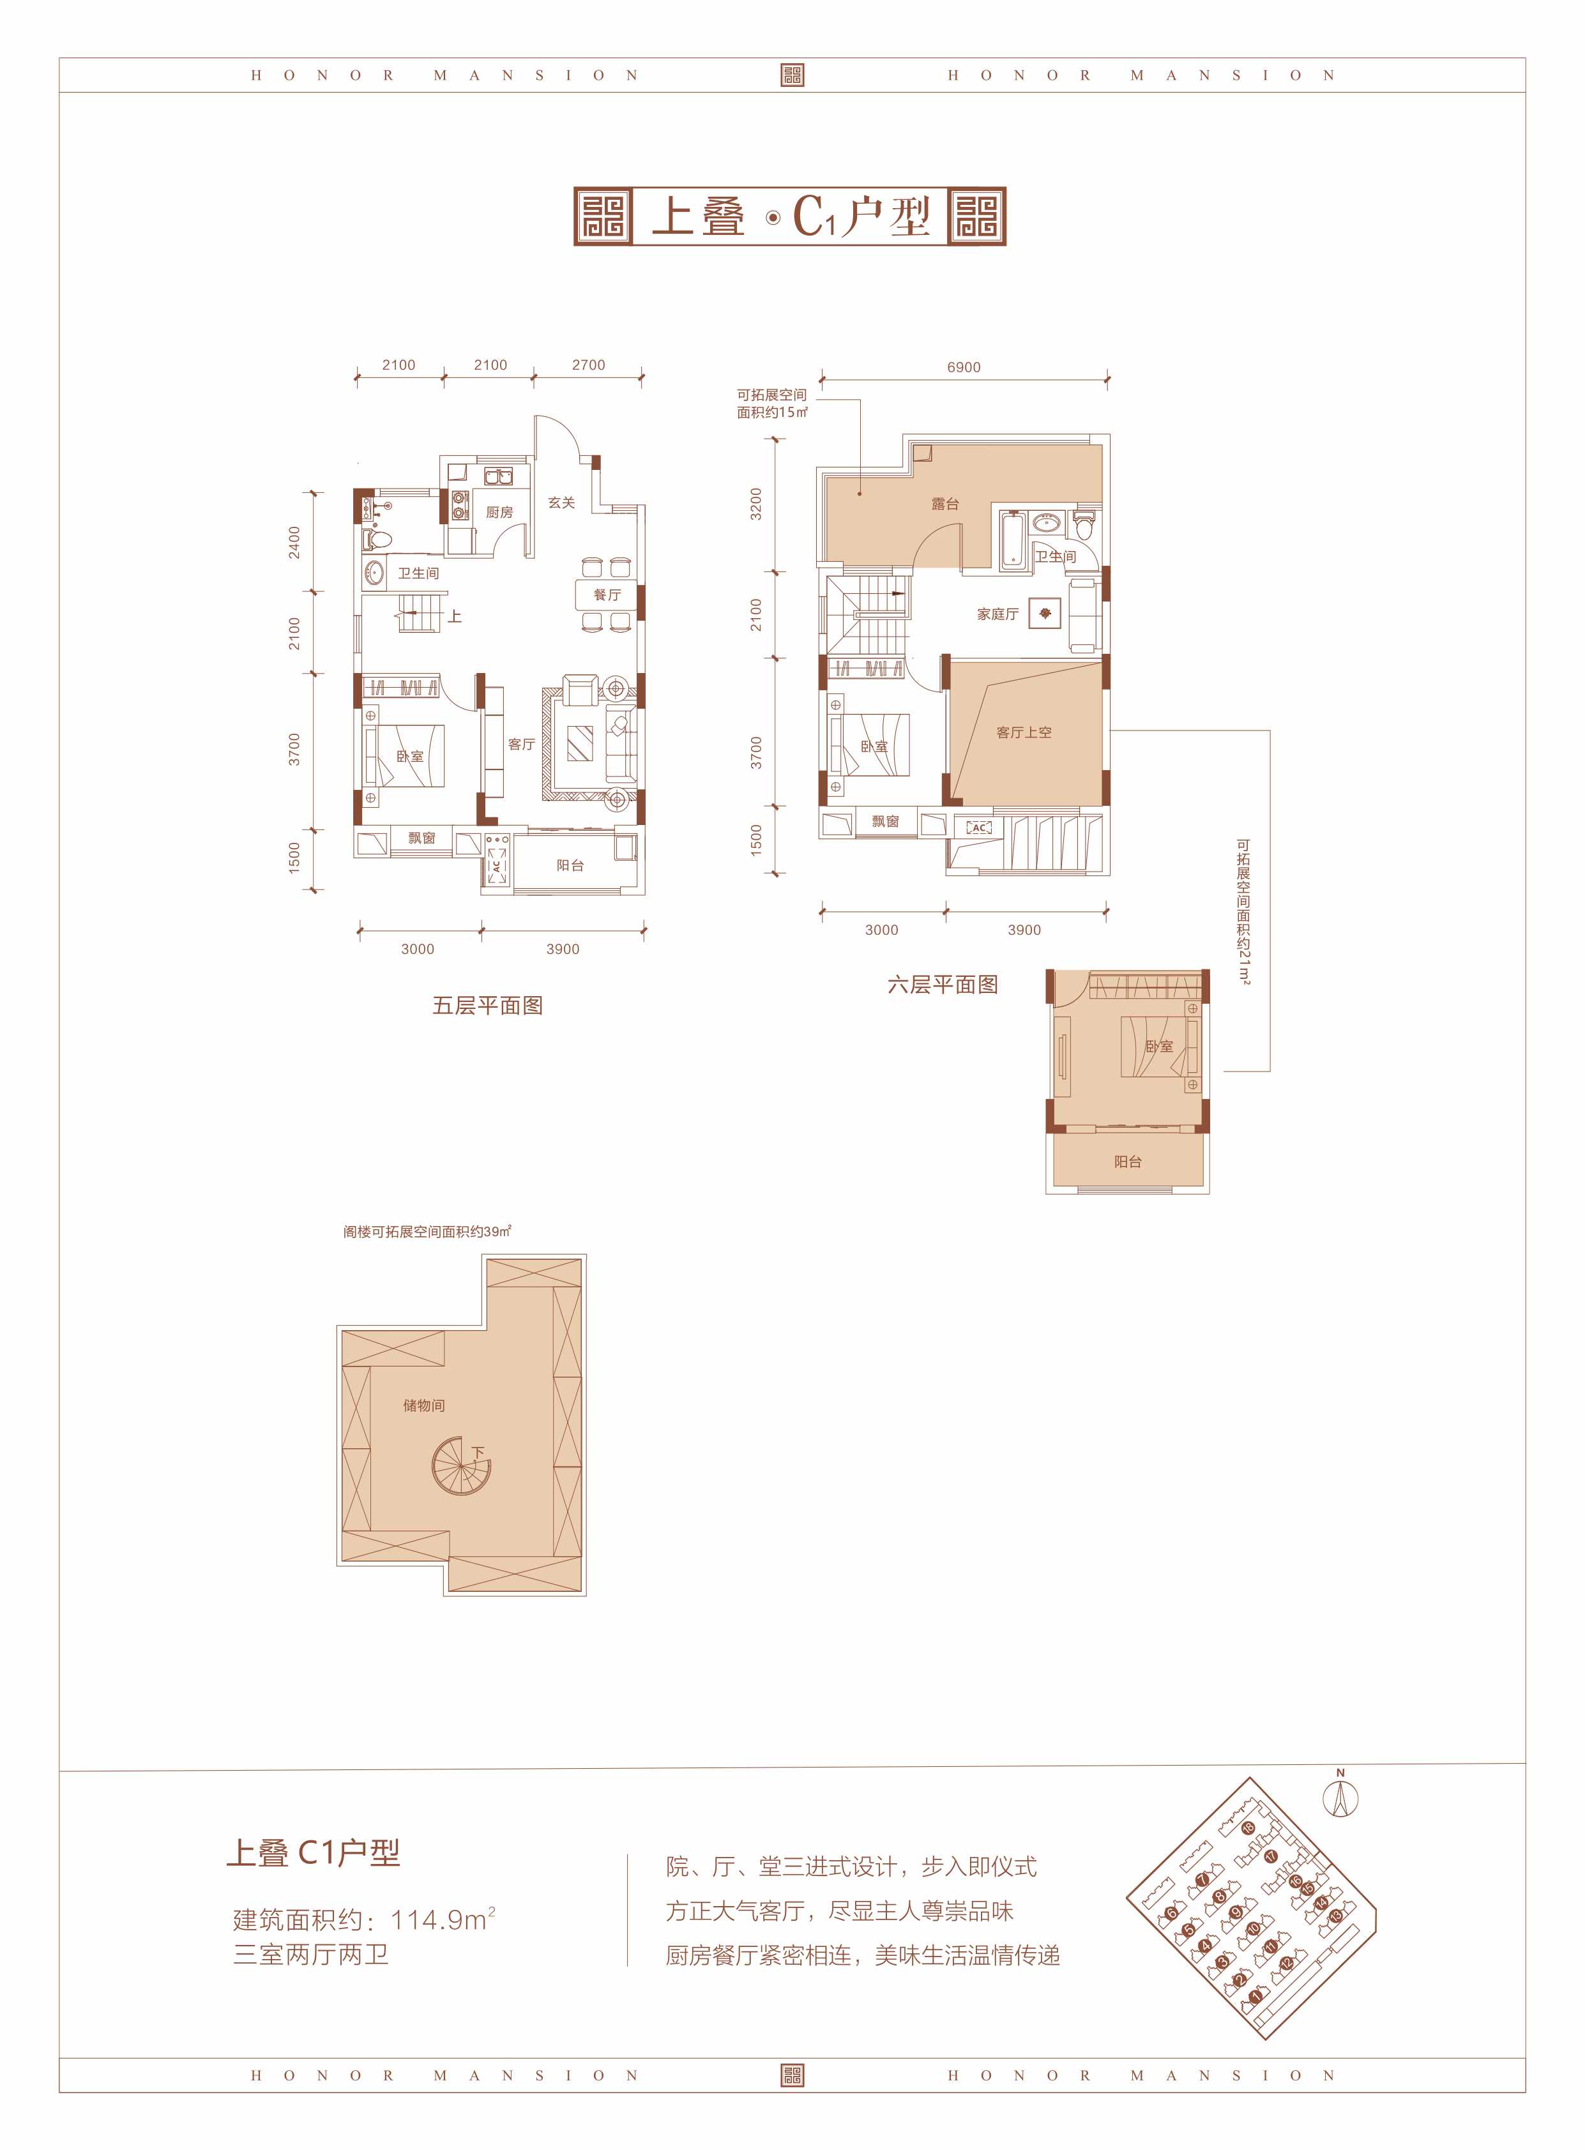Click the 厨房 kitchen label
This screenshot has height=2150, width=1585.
499,512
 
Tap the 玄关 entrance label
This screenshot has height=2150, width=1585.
561,503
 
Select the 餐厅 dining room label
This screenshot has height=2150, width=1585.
607,595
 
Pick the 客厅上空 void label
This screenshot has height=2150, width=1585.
1024,732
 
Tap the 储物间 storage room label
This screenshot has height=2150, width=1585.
423,1405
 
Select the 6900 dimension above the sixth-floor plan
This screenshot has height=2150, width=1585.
963,367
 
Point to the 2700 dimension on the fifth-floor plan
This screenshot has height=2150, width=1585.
588,365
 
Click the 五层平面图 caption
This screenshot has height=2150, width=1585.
487,1006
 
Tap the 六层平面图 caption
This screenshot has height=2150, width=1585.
942,985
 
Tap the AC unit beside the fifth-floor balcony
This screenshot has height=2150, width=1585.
496,863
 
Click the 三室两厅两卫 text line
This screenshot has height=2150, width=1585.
311,1954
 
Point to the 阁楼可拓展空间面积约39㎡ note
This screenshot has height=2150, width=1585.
427,1232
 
